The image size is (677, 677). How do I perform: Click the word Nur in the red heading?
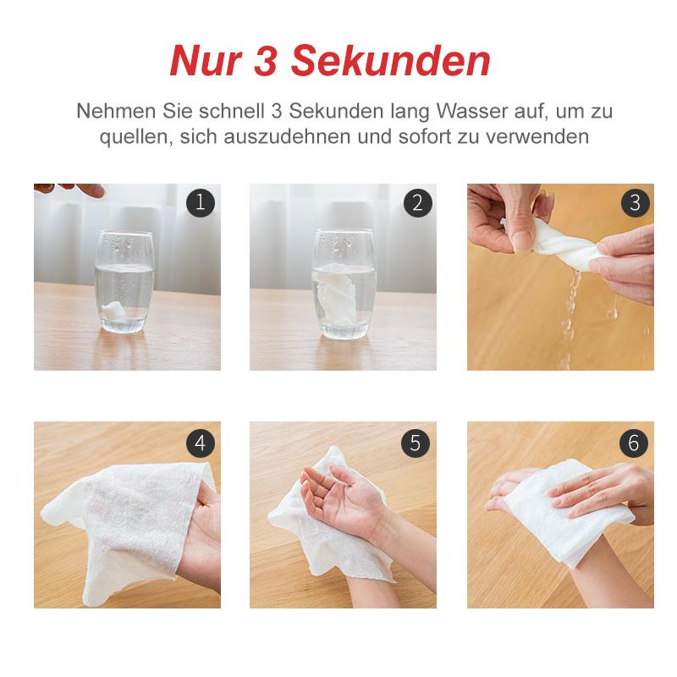pos(205,60)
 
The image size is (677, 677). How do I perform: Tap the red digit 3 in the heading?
pos(266,60)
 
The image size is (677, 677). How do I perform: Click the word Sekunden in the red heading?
pos(391,60)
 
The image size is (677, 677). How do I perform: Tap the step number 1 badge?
pos(201,202)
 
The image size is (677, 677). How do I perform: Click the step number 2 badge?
pos(417,202)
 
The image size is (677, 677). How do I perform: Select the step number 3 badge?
pos(636,202)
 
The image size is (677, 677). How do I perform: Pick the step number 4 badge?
pos(201,443)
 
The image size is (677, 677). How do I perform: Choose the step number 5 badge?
pos(416,443)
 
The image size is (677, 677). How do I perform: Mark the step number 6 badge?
pos(633,443)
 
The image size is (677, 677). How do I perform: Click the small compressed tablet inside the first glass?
pos(113,309)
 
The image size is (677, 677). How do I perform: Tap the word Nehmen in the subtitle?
pos(116,111)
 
